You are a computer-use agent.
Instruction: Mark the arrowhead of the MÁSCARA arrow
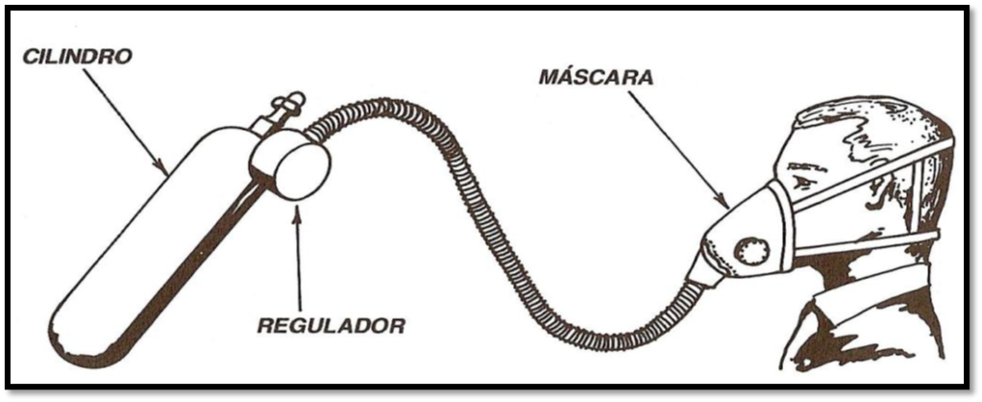[x=728, y=207]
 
